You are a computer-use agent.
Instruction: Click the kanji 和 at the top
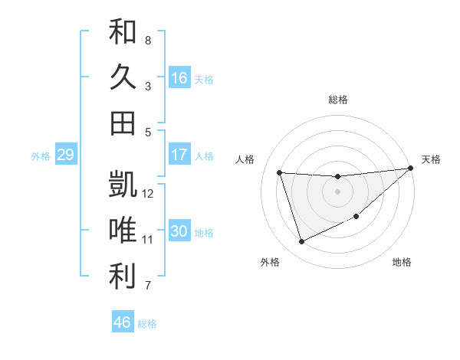123,32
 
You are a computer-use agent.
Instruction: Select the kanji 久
123,77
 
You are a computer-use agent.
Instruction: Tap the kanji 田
123,123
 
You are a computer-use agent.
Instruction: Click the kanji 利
123,277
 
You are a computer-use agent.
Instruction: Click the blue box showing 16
179,78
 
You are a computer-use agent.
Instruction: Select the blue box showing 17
179,155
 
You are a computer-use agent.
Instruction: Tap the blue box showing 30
179,231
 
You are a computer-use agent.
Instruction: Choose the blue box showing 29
65,155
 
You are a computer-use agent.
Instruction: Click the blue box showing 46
123,322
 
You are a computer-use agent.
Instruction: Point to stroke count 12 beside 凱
148,194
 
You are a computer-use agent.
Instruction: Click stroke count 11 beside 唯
148,240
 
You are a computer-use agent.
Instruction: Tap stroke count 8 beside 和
148,40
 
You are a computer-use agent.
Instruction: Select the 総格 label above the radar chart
338,100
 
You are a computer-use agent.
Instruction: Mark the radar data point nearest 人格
280,172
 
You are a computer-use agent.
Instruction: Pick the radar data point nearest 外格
301,242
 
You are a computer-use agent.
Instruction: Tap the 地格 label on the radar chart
402,263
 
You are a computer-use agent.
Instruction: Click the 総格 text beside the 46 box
147,324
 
